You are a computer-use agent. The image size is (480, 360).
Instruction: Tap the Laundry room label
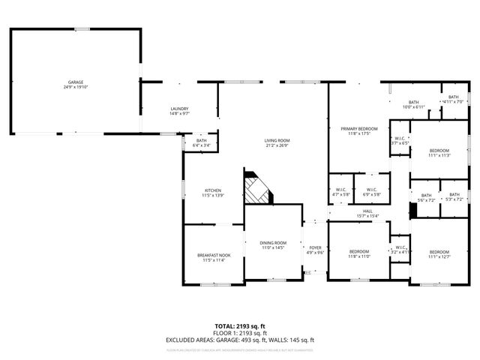tap(179, 109)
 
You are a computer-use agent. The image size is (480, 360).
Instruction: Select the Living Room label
tap(276, 140)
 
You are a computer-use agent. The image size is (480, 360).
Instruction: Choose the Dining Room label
tap(273, 243)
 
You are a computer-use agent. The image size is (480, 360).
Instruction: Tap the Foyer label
tap(315, 248)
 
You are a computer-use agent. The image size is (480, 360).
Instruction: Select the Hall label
tap(367, 212)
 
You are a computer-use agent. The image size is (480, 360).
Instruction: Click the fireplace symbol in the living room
tap(257, 189)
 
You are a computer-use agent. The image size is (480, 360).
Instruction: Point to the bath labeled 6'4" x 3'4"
tap(202, 140)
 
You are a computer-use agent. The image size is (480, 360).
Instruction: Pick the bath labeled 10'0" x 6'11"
tap(413, 103)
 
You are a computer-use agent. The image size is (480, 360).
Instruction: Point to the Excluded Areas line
tap(240, 340)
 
